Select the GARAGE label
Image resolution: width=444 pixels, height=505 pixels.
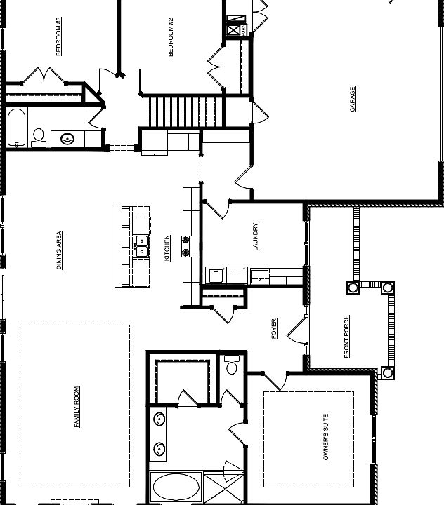tap(353, 99)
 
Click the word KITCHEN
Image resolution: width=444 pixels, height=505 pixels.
tap(167, 248)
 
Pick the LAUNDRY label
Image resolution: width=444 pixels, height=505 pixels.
tap(256, 237)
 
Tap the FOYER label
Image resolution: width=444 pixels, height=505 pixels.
tap(274, 328)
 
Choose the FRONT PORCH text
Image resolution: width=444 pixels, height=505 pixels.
tap(347, 337)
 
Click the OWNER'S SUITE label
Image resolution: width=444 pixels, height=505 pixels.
tap(326, 437)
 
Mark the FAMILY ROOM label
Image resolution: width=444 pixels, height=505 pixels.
tap(77, 406)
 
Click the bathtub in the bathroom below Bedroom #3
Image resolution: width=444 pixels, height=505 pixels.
tap(17, 128)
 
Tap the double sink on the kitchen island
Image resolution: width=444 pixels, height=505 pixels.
tap(141, 245)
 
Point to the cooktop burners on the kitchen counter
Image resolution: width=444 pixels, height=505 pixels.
tap(186, 245)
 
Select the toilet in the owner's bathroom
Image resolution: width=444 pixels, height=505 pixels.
tap(232, 365)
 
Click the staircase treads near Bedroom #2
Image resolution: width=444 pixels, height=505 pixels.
tap(186, 112)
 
